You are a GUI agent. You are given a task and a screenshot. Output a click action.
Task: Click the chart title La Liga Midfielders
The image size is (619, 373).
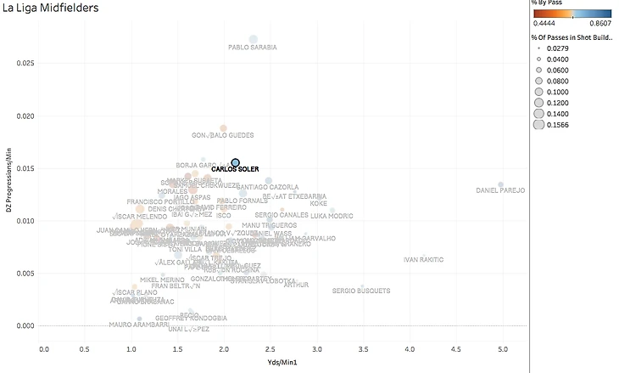coord(51,9)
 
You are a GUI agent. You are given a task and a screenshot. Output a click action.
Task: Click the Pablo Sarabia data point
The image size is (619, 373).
coord(253,39)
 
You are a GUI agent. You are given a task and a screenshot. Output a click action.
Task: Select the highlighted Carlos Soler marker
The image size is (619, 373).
coord(236,162)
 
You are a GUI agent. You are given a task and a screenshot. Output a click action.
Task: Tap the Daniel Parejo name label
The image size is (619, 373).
coord(500,190)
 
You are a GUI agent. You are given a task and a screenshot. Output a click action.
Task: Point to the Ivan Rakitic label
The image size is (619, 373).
coord(423,259)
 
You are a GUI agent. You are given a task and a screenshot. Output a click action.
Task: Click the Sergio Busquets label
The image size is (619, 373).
coord(361,291)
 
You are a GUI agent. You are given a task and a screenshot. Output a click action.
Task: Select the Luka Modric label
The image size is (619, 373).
coord(332,216)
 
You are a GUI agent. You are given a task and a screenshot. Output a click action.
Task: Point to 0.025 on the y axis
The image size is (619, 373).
coord(26,63)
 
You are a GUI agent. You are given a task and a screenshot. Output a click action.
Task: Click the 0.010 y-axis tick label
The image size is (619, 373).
coord(26,221)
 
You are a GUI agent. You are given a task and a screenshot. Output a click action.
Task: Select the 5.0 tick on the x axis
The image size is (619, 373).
coord(503,348)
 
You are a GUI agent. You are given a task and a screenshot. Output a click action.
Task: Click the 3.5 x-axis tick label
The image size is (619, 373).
coord(365,348)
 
